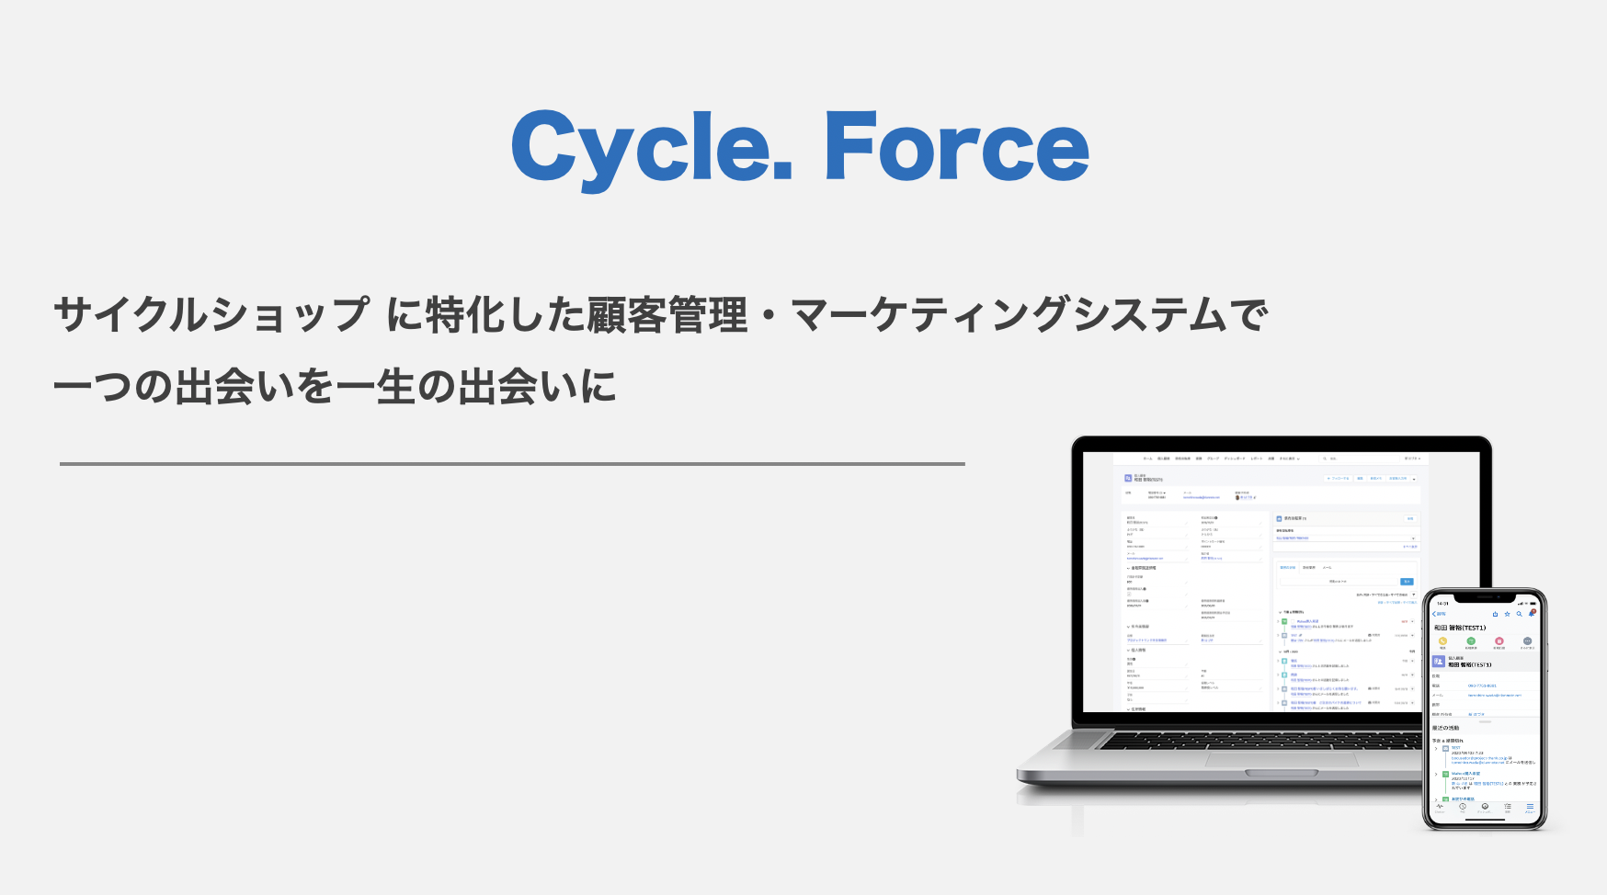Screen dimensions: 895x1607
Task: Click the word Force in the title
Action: [956, 147]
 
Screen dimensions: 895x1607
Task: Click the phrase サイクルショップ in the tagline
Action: [211, 315]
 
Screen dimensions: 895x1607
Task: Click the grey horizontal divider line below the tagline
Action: [512, 464]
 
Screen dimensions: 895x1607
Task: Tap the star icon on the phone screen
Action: [1507, 614]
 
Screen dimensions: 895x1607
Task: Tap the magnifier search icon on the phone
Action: [1519, 614]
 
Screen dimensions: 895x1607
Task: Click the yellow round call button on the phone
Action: [1442, 641]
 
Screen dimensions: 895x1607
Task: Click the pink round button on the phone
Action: [1499, 641]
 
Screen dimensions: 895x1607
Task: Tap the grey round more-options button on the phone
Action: [1527, 641]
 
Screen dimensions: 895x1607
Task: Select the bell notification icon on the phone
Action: [1532, 613]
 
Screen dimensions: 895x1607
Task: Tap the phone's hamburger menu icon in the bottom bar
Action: [1530, 807]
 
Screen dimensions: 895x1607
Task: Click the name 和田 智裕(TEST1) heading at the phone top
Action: [1460, 628]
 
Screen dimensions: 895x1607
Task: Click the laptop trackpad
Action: [1281, 759]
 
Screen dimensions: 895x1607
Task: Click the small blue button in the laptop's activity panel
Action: [1407, 582]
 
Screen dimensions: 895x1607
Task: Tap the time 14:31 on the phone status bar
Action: [1442, 604]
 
